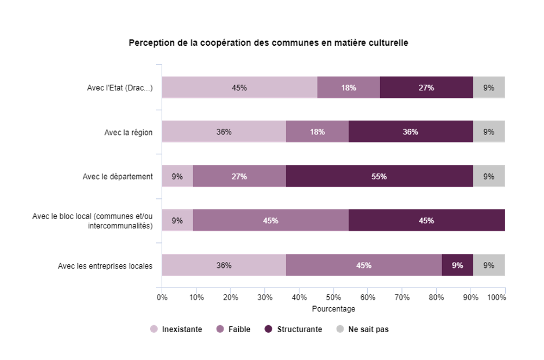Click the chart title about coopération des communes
coord(268,43)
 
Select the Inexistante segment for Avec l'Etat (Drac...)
coord(239,88)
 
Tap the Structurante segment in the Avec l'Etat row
coord(426,88)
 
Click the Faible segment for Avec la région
coord(317,132)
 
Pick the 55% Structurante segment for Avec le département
coord(379,176)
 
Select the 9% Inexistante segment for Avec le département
coord(177,176)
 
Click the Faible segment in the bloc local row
coord(271,220)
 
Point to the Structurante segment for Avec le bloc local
coord(426,220)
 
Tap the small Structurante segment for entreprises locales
coord(458,265)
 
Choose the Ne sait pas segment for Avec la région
coord(489,132)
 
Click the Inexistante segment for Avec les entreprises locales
coord(224,265)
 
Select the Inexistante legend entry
coord(176,329)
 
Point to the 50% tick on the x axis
coord(334,297)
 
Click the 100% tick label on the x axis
coord(496,297)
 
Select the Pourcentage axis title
coord(333,309)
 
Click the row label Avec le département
coord(118,176)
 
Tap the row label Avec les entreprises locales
coord(105,266)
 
